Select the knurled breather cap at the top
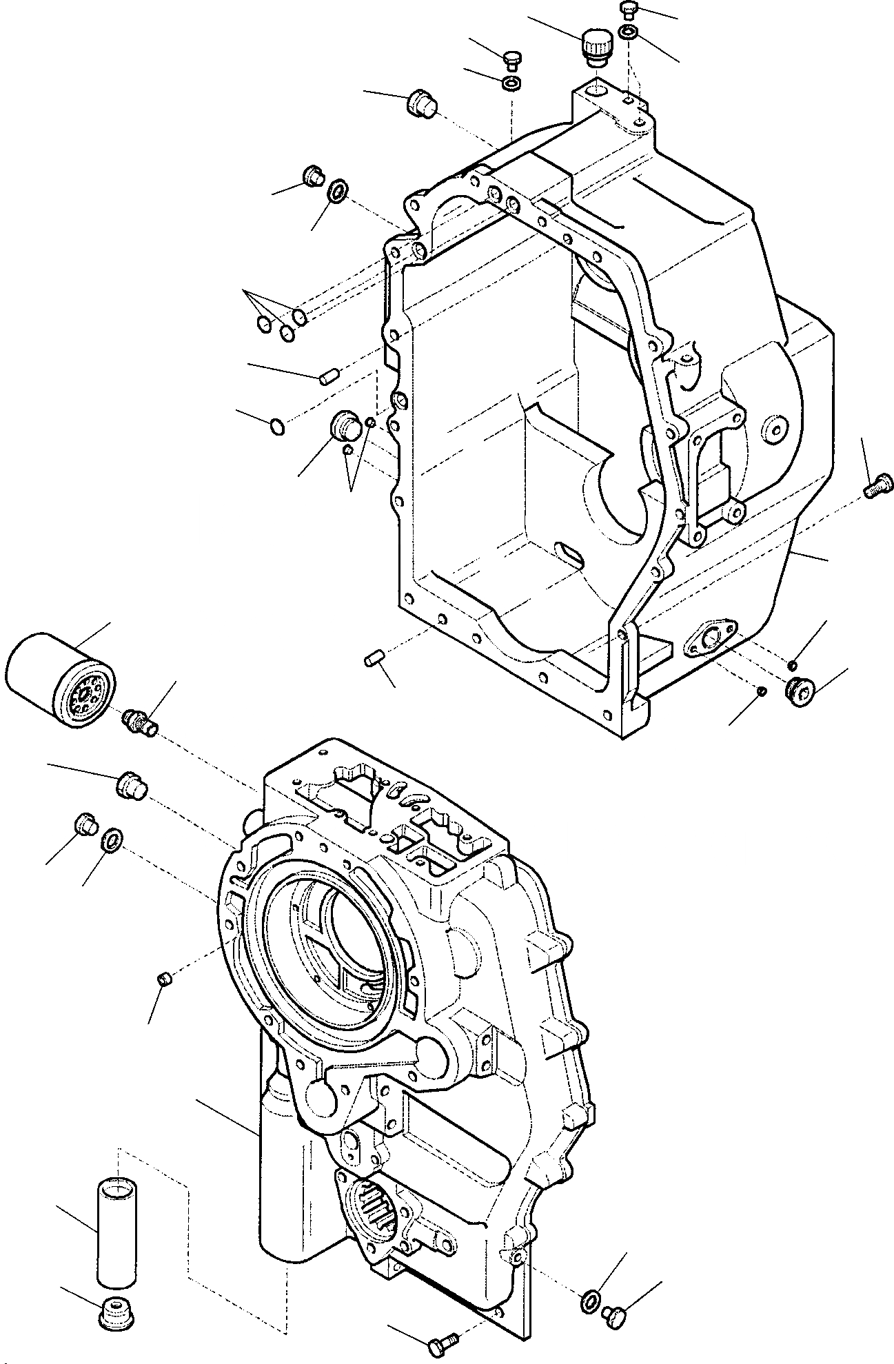point(593,48)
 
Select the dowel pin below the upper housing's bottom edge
point(373,660)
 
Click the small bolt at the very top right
point(628,9)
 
